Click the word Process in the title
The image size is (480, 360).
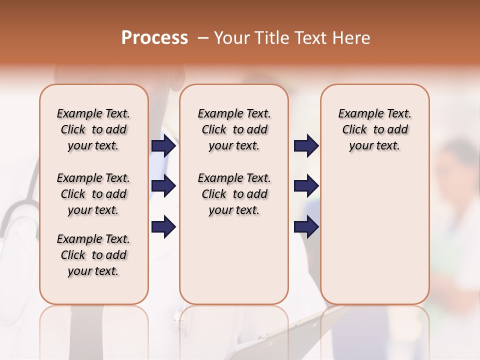154,38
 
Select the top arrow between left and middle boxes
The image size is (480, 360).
163,146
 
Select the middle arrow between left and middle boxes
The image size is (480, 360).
163,186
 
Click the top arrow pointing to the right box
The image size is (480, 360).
306,146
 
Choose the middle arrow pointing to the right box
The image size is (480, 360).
306,186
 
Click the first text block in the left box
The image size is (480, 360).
93,129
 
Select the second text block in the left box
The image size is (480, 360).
93,194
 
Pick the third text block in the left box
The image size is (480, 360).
93,255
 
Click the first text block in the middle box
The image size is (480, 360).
234,129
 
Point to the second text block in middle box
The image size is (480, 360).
234,194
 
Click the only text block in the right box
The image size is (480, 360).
375,129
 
